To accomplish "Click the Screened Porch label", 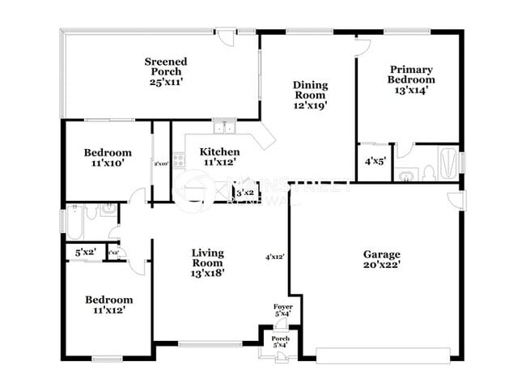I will pyautogui.click(x=166, y=71).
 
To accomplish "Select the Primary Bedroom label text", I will pyautogui.click(x=411, y=80).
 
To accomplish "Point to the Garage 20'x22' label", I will pyautogui.click(x=382, y=258).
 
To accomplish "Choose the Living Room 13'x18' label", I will pyautogui.click(x=207, y=262).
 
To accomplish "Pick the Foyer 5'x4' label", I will pyautogui.click(x=282, y=310).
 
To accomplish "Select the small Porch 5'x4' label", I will pyautogui.click(x=279, y=343).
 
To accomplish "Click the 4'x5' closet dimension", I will pyautogui.click(x=374, y=162).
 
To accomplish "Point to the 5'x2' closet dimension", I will pyautogui.click(x=84, y=253).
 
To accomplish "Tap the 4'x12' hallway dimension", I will pyautogui.click(x=275, y=257).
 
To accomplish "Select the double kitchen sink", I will pyautogui.click(x=224, y=127).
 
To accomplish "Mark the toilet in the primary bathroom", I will pyautogui.click(x=409, y=174).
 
